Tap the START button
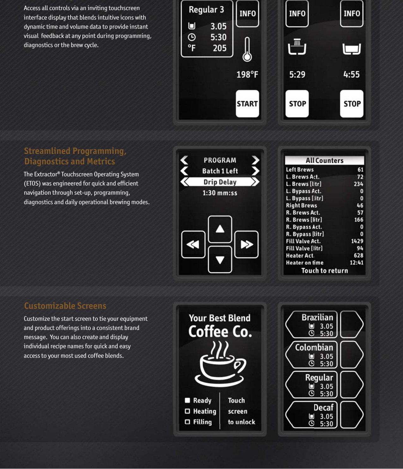coord(247,104)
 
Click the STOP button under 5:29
coord(297,104)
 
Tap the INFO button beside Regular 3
coord(247,14)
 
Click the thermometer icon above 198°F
coord(247,50)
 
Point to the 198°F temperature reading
coord(247,75)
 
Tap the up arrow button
coord(220,229)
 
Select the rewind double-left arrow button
coord(193,244)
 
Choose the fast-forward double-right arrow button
coord(247,244)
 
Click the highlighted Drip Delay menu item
coord(220,182)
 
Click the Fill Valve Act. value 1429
coord(357,241)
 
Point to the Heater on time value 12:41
coord(356,263)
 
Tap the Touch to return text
coord(325,271)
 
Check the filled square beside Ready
coord(187,400)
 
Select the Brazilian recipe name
coord(317,317)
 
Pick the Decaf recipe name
coord(323,408)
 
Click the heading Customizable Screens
coord(65,306)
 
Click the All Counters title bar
coord(324,161)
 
